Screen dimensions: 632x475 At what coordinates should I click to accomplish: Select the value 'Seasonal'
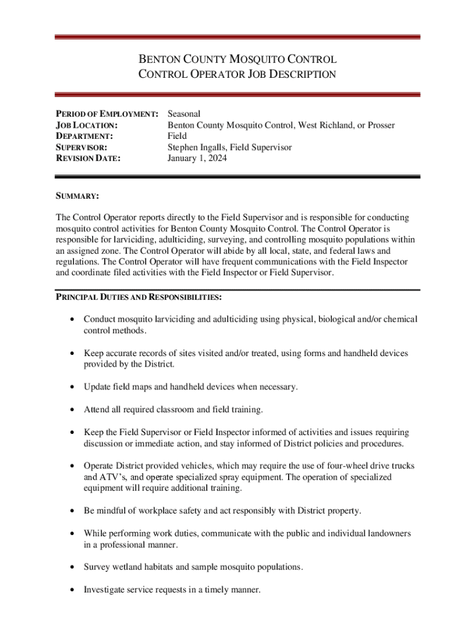(x=184, y=114)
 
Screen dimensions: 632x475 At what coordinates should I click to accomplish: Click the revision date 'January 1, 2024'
(x=197, y=159)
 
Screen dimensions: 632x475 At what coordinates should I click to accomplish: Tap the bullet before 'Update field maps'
(x=73, y=387)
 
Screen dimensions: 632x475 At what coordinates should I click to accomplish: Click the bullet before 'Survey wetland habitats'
(x=73, y=567)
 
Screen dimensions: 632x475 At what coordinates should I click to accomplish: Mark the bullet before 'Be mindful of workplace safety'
(x=73, y=511)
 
